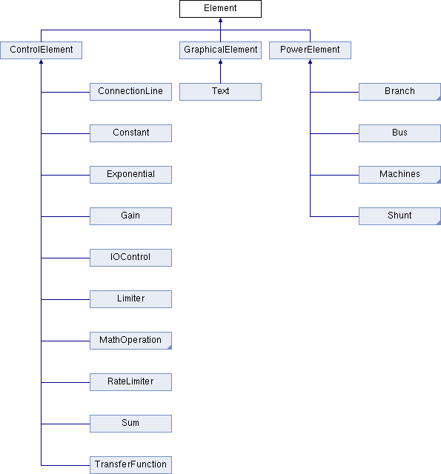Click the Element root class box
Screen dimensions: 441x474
[220, 9]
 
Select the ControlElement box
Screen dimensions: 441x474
[42, 50]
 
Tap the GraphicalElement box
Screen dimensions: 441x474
[220, 50]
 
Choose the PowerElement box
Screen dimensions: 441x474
[310, 50]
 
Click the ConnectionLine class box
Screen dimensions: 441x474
[130, 92]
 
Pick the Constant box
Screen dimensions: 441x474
[130, 133]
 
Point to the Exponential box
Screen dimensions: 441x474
[130, 175]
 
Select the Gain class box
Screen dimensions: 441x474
[130, 216]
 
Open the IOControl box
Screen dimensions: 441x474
[130, 258]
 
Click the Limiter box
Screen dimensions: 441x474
[130, 299]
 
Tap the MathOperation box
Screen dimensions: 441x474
[130, 341]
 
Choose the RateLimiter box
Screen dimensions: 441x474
[130, 382]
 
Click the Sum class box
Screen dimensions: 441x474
[130, 424]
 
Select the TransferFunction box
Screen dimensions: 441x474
[130, 465]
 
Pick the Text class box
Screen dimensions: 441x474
[220, 92]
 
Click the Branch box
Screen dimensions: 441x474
[399, 92]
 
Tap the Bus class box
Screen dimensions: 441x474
[399, 133]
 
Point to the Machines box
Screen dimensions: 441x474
[399, 175]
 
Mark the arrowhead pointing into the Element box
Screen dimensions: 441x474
[220, 20]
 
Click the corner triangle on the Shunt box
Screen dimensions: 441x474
[440, 223]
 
